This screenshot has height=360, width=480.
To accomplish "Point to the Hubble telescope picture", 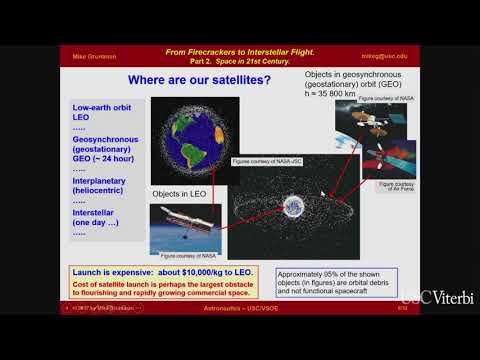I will click(185, 226).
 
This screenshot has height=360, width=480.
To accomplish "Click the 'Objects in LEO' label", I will click(178, 192).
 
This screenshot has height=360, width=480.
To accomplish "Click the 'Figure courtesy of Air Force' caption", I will click(396, 187).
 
